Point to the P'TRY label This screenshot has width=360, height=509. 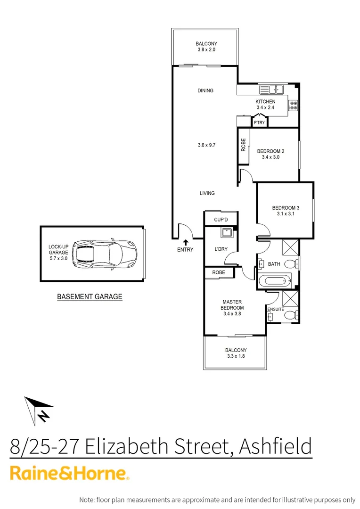coord(260,123)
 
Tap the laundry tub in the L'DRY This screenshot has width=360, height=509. coord(225,232)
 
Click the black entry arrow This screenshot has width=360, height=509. coord(185,242)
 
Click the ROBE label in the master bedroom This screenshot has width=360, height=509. coord(218,272)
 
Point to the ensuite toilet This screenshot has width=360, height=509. coord(292,315)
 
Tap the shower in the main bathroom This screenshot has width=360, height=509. coord(289,247)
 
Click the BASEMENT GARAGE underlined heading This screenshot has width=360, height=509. coord(90,297)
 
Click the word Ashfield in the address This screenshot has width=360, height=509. coord(275,446)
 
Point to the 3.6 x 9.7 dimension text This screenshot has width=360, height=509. coord(207,145)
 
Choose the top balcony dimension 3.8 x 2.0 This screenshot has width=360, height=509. coord(206,49)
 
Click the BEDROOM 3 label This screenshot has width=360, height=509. coord(286,208)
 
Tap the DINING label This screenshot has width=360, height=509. coord(205,90)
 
